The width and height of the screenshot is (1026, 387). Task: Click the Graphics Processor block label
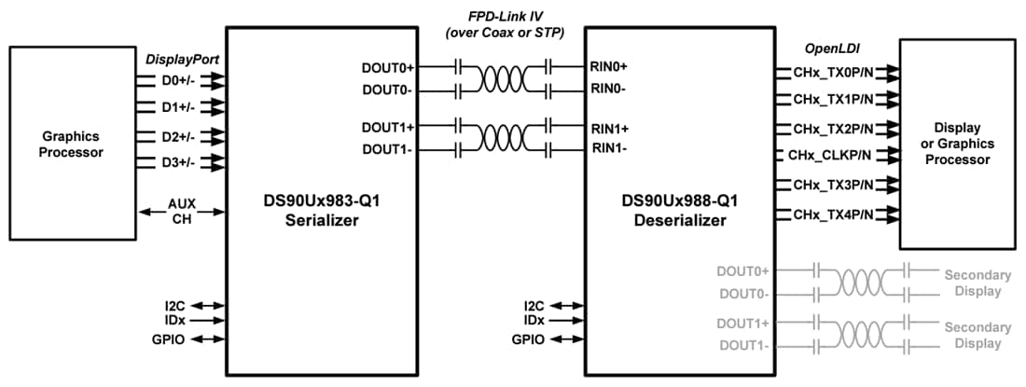71,144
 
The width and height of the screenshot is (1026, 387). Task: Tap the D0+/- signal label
176,80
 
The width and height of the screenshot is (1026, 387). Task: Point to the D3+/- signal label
176,163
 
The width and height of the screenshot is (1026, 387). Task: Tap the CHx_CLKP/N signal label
830,155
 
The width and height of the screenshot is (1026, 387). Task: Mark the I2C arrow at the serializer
209,305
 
